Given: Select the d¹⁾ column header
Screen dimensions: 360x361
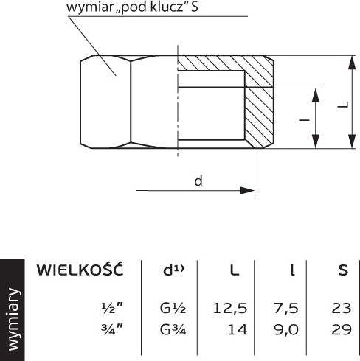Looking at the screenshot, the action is click(173, 270).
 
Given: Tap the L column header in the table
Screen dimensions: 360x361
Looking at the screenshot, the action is click(235, 270).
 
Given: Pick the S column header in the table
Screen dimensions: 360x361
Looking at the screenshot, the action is click(343, 270).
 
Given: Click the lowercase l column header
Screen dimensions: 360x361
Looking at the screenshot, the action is click(292, 270).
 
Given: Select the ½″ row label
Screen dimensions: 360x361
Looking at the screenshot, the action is click(112, 308).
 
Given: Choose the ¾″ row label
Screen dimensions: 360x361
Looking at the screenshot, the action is click(112, 329).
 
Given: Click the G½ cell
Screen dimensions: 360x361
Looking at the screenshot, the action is click(173, 308).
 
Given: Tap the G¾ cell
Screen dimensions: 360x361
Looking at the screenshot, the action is click(173, 330).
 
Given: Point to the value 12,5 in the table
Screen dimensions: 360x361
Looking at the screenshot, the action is click(230, 309).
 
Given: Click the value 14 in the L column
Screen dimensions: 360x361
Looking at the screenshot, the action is click(238, 330).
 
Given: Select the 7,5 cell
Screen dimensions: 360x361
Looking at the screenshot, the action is click(285, 309).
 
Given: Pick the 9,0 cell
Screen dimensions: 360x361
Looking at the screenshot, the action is click(286, 330).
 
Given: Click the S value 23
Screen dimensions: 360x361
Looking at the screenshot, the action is click(342, 308).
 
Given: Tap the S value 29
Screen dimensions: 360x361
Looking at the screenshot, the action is click(342, 330).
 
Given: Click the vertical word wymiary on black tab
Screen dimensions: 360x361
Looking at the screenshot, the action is click(13, 319).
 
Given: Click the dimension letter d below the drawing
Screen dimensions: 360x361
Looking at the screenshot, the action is click(198, 180).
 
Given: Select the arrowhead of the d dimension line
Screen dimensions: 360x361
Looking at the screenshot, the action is click(247, 190).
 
